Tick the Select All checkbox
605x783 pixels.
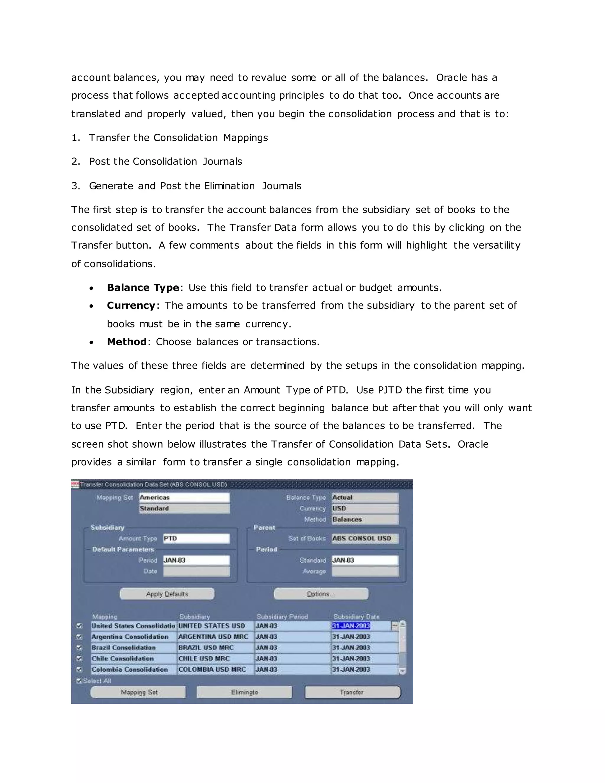(79, 681)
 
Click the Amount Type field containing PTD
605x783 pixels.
(196, 538)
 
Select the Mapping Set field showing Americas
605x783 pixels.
(184, 498)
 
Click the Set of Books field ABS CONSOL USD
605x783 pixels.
(365, 538)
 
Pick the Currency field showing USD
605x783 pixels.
(365, 509)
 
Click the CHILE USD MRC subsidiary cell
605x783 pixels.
(215, 659)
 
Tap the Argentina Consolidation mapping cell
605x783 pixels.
(133, 637)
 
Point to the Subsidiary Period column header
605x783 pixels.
(282, 617)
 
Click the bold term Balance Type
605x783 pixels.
(143, 288)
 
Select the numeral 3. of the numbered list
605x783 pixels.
(76, 186)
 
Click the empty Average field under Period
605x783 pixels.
(365, 571)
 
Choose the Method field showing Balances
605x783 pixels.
(365, 519)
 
